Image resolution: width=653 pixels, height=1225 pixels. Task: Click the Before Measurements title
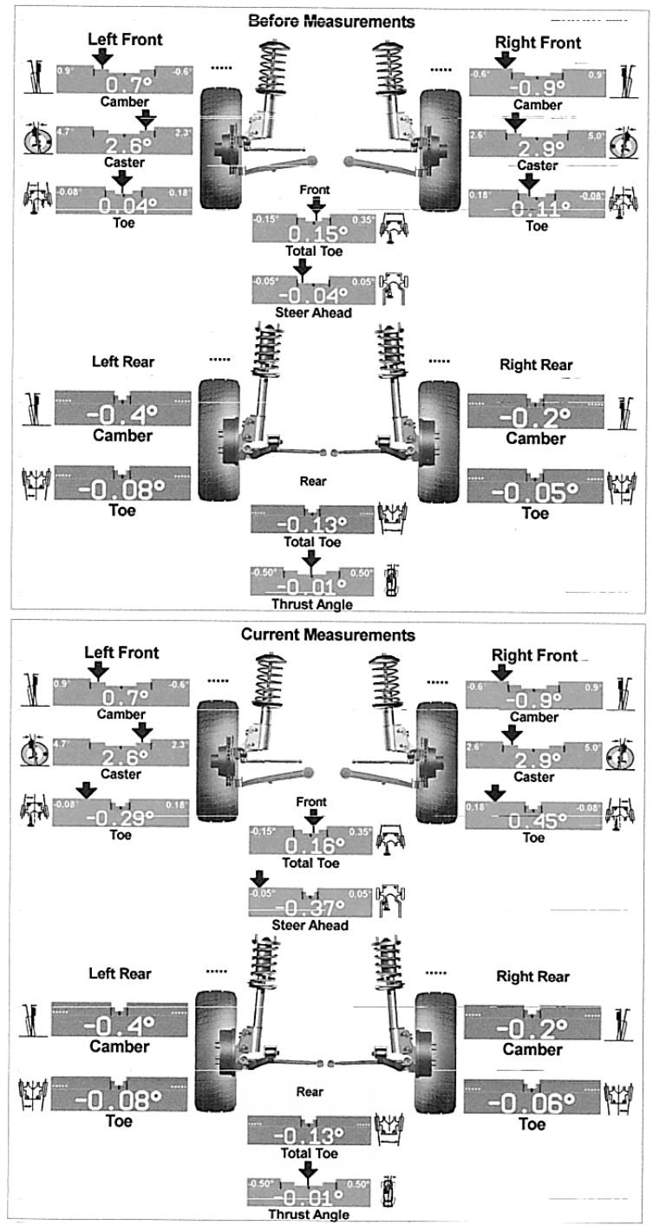[x=330, y=20]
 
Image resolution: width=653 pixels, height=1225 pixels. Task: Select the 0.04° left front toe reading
[x=122, y=205]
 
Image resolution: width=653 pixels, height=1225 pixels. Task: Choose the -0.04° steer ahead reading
[x=313, y=295]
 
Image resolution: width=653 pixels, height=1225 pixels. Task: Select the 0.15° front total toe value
[x=314, y=233]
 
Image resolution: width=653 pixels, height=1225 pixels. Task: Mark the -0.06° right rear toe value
[x=532, y=1103]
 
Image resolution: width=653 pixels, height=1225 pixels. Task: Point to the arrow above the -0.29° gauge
[x=85, y=789]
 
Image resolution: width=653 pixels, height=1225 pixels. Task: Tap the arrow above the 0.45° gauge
[x=494, y=792]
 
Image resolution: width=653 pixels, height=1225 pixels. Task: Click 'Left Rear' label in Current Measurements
[x=120, y=974]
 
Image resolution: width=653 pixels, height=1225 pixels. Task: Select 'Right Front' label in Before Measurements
[x=538, y=42]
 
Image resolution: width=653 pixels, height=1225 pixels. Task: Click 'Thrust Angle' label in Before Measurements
[x=313, y=603]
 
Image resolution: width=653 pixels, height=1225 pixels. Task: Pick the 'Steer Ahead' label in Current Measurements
[x=310, y=925]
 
